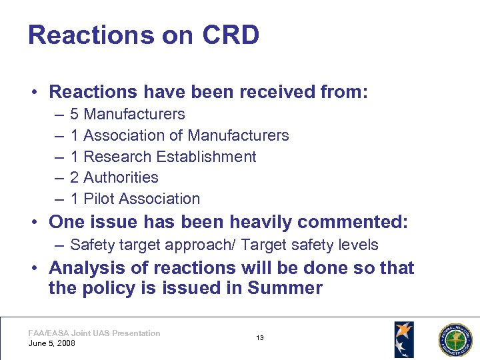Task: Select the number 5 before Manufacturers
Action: tap(75, 114)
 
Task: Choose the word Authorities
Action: tap(121, 177)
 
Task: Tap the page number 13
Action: tap(260, 338)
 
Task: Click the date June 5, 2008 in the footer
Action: tap(52, 343)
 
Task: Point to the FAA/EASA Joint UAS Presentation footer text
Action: tap(94, 333)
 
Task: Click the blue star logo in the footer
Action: tap(403, 339)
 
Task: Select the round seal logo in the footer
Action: tap(454, 339)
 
